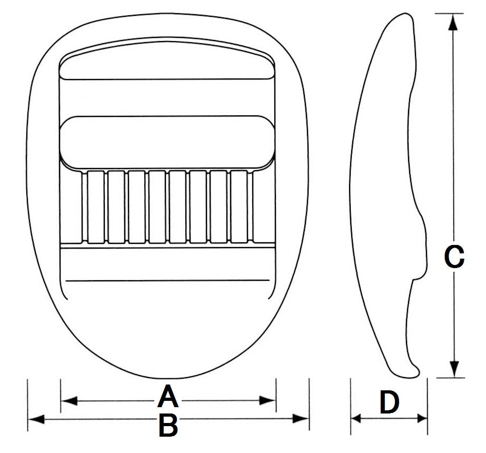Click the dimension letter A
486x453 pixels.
point(168,396)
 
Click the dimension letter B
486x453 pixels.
point(168,425)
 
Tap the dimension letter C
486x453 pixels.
point(454,257)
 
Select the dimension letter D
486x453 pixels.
point(390,402)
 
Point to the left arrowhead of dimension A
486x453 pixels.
point(70,401)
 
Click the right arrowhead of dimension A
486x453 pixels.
point(267,400)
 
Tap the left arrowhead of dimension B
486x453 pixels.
point(36,419)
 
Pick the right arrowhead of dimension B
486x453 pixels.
point(301,419)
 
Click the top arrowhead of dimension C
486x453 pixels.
point(453,22)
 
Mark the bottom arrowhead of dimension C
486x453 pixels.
point(454,369)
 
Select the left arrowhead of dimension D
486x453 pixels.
point(356,419)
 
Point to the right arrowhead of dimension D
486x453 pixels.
point(422,419)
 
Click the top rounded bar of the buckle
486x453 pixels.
point(167,61)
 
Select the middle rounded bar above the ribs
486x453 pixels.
point(167,143)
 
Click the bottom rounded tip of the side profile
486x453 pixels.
point(409,376)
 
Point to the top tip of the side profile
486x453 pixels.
point(405,14)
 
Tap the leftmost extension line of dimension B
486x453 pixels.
point(27,405)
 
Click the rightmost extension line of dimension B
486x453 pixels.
point(309,405)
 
